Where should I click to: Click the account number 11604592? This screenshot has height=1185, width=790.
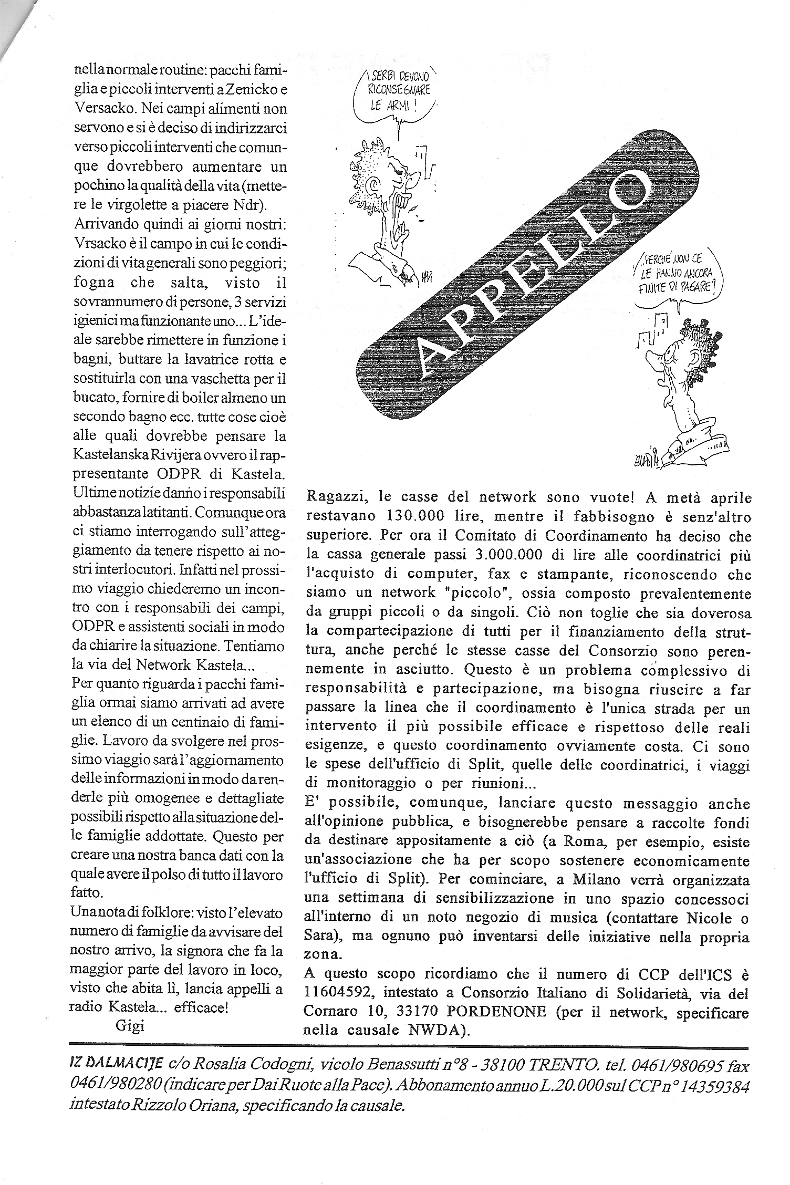point(339,992)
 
